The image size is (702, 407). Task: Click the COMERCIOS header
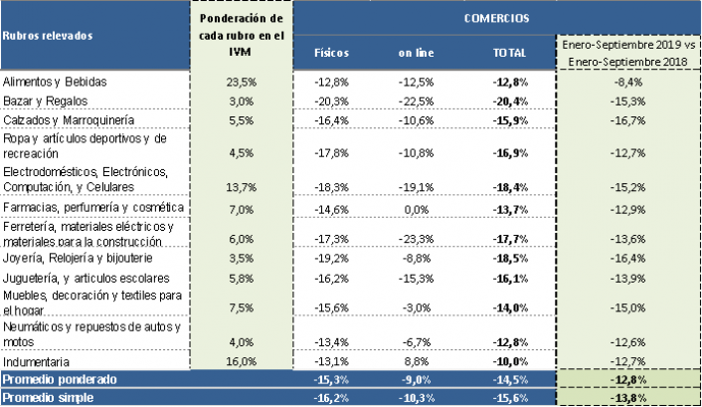click(x=495, y=18)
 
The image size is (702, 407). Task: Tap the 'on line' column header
click(x=415, y=53)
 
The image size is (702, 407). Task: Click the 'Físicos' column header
click(x=331, y=53)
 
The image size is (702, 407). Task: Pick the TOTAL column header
click(x=509, y=53)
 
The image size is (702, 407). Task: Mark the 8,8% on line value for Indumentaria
click(x=417, y=361)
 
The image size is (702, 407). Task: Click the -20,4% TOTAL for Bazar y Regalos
click(x=510, y=101)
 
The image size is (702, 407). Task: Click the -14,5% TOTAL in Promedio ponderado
click(x=510, y=379)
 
